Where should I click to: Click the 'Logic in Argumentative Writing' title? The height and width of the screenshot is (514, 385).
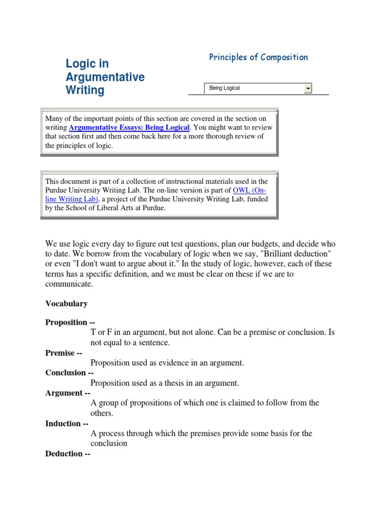[x=105, y=77]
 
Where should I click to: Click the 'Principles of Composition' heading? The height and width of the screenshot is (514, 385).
[x=258, y=57]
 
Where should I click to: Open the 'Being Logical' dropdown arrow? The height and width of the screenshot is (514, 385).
[x=308, y=88]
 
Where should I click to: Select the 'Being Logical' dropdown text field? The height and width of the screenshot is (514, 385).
[x=254, y=88]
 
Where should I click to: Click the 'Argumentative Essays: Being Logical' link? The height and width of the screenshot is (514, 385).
[x=129, y=127]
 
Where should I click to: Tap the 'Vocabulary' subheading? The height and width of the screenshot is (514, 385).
[x=66, y=304]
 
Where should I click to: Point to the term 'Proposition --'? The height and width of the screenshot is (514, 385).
[x=70, y=322]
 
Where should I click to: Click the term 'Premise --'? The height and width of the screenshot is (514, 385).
[x=64, y=353]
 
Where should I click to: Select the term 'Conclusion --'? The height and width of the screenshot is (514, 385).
[x=69, y=372]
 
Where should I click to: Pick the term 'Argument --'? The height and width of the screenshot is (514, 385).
[x=68, y=393]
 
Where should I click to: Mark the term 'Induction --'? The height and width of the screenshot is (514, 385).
[x=67, y=424]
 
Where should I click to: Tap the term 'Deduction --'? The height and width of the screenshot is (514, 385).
[x=68, y=454]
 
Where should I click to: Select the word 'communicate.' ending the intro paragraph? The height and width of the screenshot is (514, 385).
[x=69, y=284]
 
